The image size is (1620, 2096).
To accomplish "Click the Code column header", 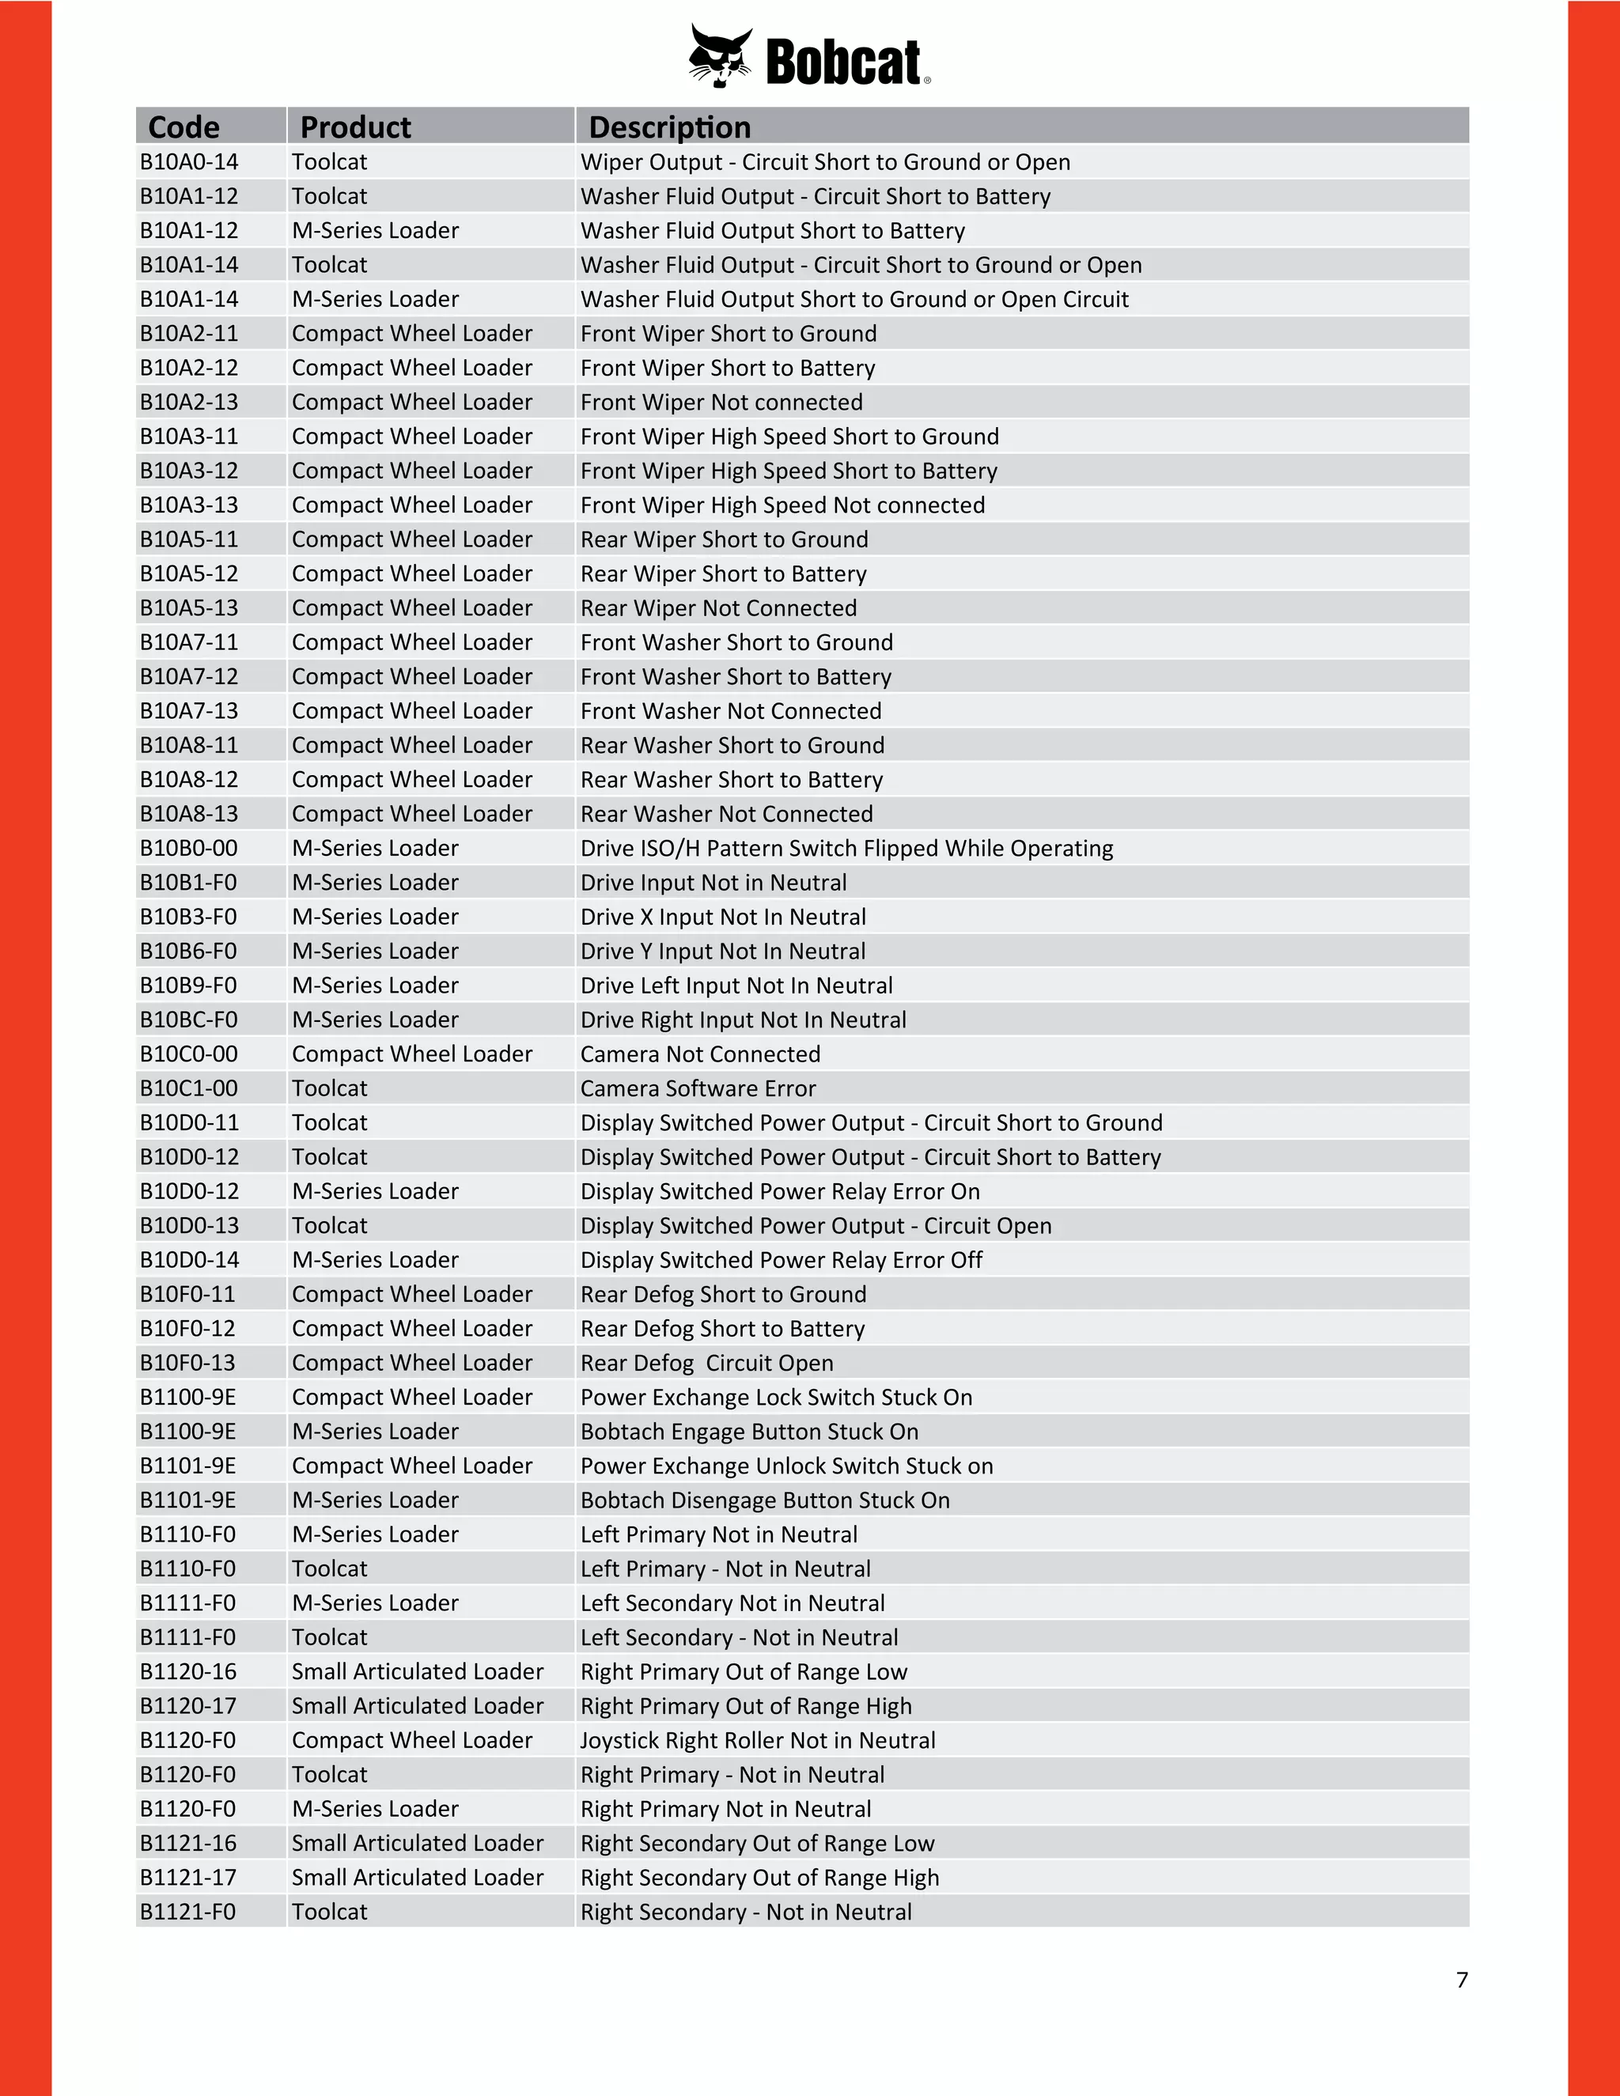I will [x=184, y=127].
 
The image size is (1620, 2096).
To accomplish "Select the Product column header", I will [x=355, y=127].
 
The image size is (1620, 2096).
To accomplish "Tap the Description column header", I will [x=669, y=127].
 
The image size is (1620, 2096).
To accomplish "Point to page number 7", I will [x=1462, y=1980].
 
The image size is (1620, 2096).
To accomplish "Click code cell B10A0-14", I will [x=189, y=162].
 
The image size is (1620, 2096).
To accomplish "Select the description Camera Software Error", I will [x=698, y=1088].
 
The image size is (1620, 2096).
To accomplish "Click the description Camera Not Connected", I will [x=699, y=1054].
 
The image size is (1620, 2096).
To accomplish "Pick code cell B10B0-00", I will [x=189, y=849].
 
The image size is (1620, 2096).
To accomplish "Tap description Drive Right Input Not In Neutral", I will [x=743, y=1020].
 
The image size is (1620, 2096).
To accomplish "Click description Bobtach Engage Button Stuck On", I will [x=748, y=1431].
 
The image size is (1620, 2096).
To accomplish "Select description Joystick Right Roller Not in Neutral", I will [x=757, y=1740].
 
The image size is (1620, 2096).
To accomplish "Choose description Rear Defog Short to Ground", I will [x=723, y=1294].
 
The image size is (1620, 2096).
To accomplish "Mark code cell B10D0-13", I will [x=189, y=1225].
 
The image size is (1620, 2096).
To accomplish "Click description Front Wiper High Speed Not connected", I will [x=782, y=505].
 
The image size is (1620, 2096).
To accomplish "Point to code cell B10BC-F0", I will [x=188, y=1020].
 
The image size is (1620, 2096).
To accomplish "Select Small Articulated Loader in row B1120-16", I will [x=418, y=1672].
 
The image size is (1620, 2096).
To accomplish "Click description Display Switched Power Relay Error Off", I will [x=782, y=1260].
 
